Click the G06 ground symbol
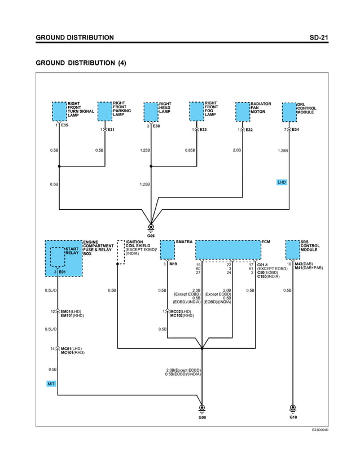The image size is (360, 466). pyautogui.click(x=151, y=228)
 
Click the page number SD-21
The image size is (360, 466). pyautogui.click(x=319, y=38)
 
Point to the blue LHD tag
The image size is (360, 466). pyautogui.click(x=282, y=182)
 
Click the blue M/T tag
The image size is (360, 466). pyautogui.click(x=51, y=384)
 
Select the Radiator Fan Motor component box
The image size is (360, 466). pyautogui.click(x=242, y=111)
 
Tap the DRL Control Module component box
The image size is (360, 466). pyautogui.click(x=289, y=112)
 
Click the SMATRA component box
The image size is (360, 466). pyautogui.click(x=167, y=249)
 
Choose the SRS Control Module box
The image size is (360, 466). pyautogui.click(x=292, y=249)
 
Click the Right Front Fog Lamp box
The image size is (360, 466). pyautogui.click(x=196, y=111)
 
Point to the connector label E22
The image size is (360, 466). pyautogui.click(x=249, y=130)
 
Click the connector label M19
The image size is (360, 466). pyautogui.click(x=173, y=264)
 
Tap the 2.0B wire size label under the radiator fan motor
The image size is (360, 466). pyautogui.click(x=237, y=151)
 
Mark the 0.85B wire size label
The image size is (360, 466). pyautogui.click(x=190, y=151)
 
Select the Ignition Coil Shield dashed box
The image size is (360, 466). pyautogui.click(x=121, y=252)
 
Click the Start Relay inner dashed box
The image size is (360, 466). pyautogui.click(x=58, y=256)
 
